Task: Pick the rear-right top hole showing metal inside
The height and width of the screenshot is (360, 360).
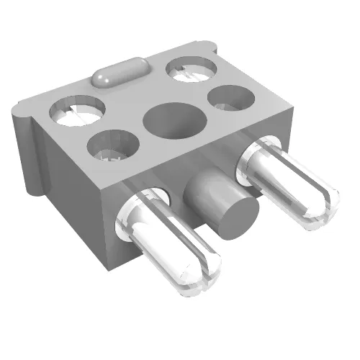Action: (192, 69)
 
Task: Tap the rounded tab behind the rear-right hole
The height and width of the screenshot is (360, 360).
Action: (210, 49)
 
